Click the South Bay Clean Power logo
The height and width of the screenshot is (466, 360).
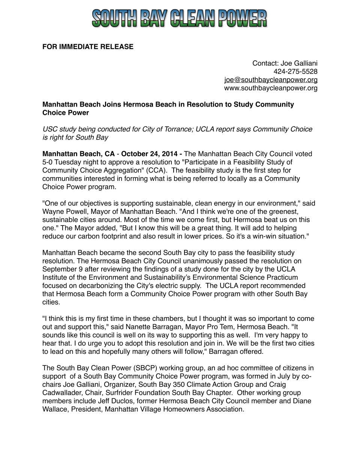179,18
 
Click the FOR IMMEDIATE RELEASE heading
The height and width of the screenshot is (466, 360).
88,47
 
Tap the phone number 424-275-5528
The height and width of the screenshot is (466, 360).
295,71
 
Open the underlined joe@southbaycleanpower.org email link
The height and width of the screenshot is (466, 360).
271,80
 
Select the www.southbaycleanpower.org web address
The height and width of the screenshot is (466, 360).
271,88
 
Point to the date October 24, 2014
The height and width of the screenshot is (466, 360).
149,154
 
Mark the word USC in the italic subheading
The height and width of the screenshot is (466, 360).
50,129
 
